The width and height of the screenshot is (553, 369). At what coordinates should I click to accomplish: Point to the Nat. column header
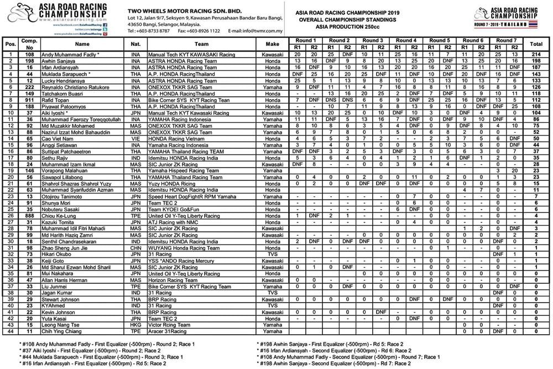135,43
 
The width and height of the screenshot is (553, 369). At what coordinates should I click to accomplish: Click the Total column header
535,43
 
